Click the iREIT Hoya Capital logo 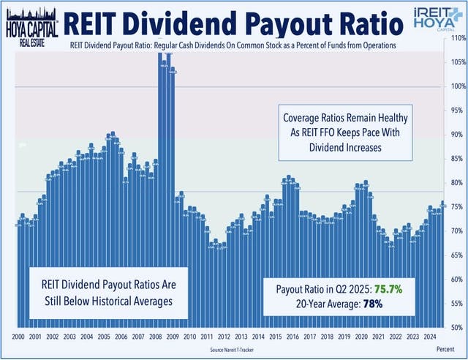(437, 20)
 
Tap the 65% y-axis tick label (457, 255)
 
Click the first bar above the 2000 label (18, 274)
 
